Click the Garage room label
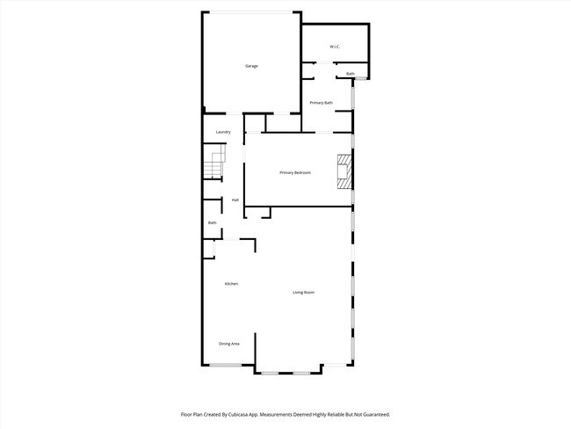pos(251,66)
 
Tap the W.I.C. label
pos(335,46)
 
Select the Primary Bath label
pos(322,103)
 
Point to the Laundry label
pos(223,132)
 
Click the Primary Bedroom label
pos(295,172)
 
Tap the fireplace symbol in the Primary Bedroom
pos(343,172)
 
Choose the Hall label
pos(235,200)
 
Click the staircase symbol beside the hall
pos(214,164)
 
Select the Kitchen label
pos(231,283)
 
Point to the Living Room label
pos(304,292)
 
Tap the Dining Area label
pos(229,343)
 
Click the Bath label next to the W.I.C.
pos(351,74)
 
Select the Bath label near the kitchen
pos(212,223)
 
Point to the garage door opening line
pos(251,11)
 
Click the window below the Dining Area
pos(225,365)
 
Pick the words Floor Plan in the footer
pos(193,413)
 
